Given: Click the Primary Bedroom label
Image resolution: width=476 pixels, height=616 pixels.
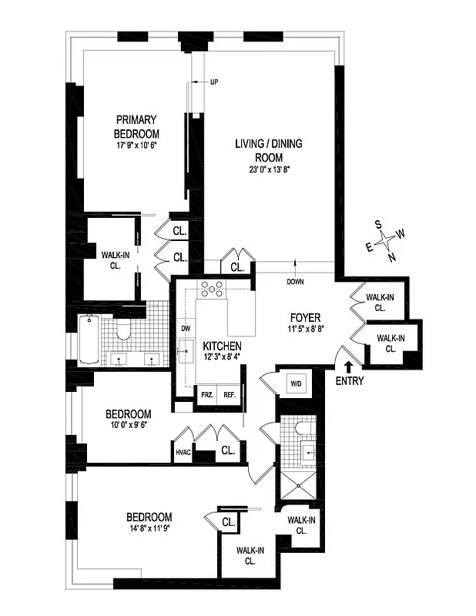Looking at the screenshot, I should click(x=136, y=126).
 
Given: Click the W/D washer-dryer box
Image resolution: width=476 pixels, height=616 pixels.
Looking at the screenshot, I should click(x=295, y=383).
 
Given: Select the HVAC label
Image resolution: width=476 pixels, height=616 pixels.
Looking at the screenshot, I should click(x=183, y=452).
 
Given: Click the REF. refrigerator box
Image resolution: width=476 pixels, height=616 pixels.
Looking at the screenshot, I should click(x=229, y=394).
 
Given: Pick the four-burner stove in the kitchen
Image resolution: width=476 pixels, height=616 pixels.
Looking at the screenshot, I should click(x=212, y=289).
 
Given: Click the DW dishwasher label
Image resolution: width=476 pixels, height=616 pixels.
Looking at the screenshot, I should click(x=185, y=329).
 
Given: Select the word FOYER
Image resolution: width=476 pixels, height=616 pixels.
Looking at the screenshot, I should click(x=305, y=317).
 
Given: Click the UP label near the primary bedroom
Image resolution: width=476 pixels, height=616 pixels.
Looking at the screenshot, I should click(x=214, y=81).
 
